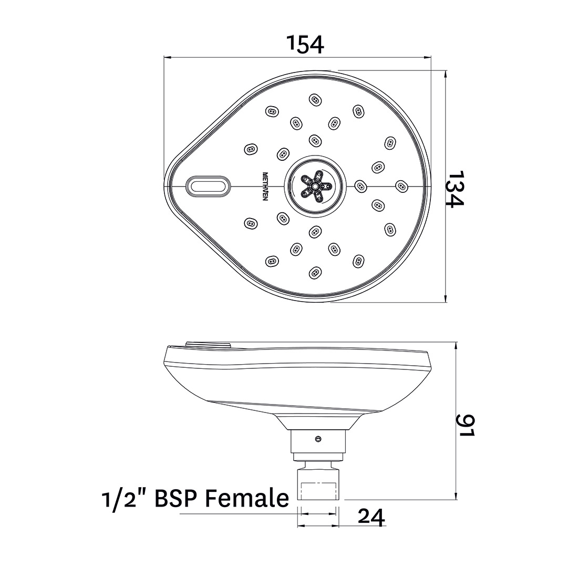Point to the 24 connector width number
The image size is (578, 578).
coord(371,518)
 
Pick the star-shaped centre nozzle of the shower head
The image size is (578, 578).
coord(314,186)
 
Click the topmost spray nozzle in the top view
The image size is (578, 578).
coord(314,99)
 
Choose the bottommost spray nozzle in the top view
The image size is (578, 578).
coord(314,272)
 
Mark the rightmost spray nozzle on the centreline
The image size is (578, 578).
coord(401,185)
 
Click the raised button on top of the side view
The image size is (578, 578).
coord(209,345)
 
